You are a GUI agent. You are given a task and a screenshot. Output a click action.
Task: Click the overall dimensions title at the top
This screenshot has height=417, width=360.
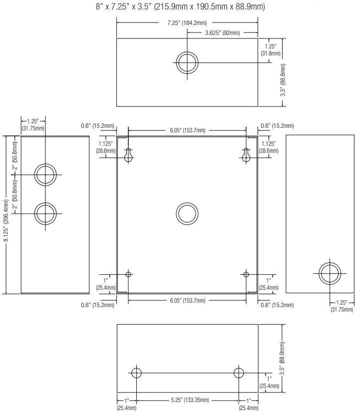(x=180, y=6)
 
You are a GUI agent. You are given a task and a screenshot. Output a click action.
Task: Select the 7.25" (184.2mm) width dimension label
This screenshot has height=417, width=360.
(x=187, y=22)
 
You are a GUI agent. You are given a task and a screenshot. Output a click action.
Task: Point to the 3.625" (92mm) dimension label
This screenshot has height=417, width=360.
(x=223, y=33)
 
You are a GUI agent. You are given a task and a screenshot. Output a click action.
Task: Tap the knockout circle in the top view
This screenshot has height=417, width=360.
(x=187, y=62)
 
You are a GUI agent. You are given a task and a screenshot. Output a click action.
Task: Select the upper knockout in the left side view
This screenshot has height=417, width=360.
(x=45, y=175)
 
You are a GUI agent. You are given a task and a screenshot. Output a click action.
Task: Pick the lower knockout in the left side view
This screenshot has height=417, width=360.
(x=45, y=213)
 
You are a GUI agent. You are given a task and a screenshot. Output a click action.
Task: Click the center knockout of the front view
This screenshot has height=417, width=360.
(x=187, y=212)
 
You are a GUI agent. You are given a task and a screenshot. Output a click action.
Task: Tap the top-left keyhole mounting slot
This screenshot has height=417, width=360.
(x=128, y=155)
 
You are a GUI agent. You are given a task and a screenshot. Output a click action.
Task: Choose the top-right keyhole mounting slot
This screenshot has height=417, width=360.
(x=246, y=155)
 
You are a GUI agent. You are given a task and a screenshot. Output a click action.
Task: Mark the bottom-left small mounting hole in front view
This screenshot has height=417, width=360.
(x=128, y=274)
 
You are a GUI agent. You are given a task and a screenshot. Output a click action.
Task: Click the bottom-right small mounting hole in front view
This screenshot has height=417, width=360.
(x=246, y=274)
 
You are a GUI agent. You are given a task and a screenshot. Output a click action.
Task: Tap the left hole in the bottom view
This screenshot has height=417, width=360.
(x=136, y=373)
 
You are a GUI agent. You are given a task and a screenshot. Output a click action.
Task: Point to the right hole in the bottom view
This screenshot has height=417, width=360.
(x=239, y=373)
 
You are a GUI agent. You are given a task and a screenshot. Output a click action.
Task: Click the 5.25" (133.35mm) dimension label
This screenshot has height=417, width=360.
(x=187, y=401)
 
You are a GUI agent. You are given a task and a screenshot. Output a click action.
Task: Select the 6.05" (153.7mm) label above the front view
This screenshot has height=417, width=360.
(x=187, y=130)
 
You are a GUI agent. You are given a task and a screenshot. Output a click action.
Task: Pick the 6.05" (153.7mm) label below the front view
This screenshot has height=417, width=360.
(x=187, y=301)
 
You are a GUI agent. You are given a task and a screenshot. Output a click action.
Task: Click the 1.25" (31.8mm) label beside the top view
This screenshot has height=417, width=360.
(x=271, y=49)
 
